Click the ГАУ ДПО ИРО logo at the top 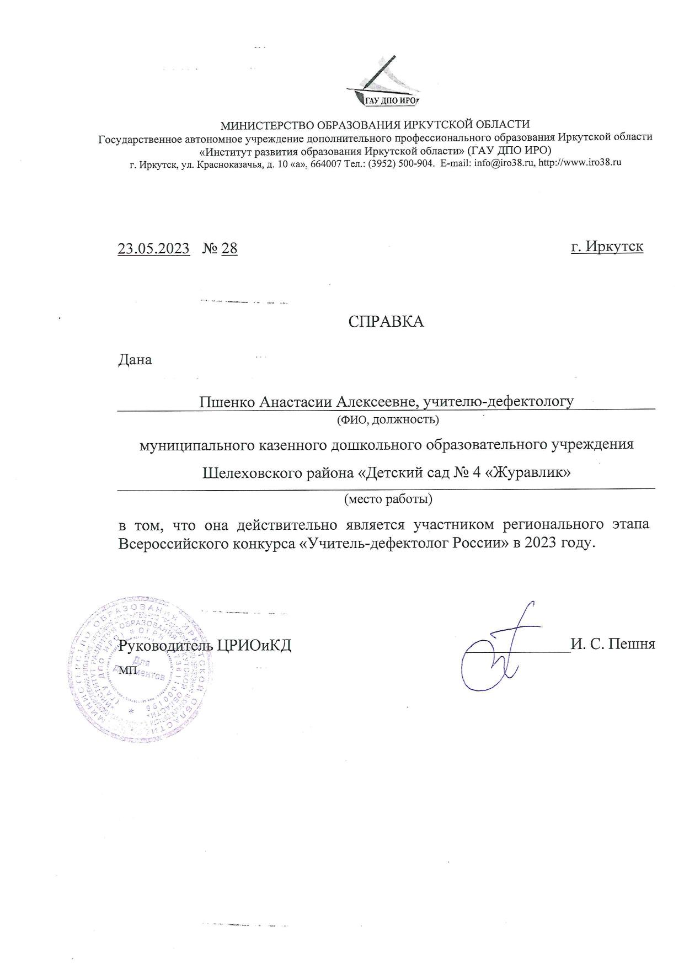[383, 83]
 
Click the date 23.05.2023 [153, 248]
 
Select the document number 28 [229, 248]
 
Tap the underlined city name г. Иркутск [607, 246]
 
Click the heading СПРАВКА [386, 322]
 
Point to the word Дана [135, 360]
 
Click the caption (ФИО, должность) [388, 420]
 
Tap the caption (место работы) [388, 499]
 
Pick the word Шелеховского [252, 473]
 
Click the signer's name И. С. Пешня [613, 644]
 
